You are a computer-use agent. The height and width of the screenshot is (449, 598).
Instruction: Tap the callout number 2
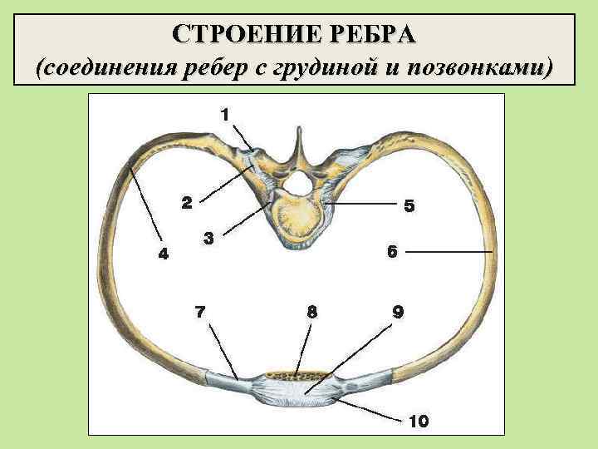(x=187, y=201)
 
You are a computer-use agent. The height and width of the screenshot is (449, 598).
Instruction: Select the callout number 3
(x=210, y=239)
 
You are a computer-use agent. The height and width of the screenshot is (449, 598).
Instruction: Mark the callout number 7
(x=199, y=313)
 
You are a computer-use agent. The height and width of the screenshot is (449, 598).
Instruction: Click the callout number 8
(x=311, y=313)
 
